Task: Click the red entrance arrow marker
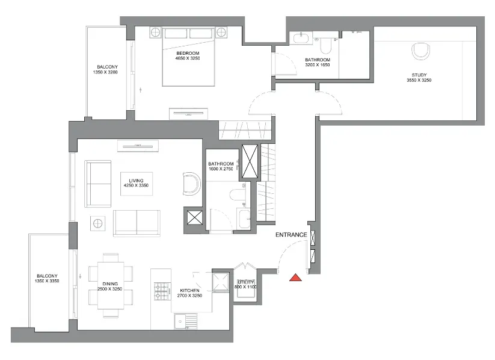[x=296, y=278]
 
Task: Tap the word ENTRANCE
[x=291, y=235]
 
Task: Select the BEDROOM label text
[x=188, y=53]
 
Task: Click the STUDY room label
[x=419, y=75]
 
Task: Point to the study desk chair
[x=421, y=51]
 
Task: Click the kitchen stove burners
[x=161, y=291]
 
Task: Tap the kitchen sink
[x=186, y=321]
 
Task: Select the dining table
[x=110, y=285]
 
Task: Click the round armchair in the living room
[x=192, y=184]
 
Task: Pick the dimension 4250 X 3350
[x=136, y=185]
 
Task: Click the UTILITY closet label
[x=245, y=282]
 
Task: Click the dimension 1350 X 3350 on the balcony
[x=47, y=281]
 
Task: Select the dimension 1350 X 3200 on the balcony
[x=105, y=72]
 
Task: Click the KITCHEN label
[x=189, y=290]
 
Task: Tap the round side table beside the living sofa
[x=97, y=223]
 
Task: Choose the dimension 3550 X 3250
[x=419, y=80]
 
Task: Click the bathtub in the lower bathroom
[x=244, y=219]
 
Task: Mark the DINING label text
[x=110, y=284]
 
